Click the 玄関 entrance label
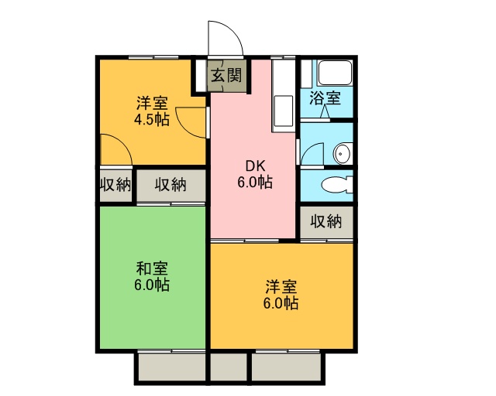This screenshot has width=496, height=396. click(x=226, y=76)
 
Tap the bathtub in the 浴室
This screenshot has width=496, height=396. click(x=335, y=73)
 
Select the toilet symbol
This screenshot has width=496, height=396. click(x=336, y=184)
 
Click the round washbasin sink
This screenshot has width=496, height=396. click(x=343, y=153)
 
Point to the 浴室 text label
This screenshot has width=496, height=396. click(x=325, y=98)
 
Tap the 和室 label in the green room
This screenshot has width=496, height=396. click(x=152, y=268)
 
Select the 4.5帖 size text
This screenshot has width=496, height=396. click(x=152, y=120)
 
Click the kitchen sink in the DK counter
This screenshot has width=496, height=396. click(x=283, y=111)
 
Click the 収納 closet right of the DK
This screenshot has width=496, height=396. click(x=326, y=222)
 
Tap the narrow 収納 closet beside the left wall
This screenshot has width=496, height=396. click(x=115, y=185)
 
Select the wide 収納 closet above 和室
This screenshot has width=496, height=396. click(x=170, y=185)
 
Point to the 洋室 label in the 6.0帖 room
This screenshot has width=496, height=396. click(x=281, y=287)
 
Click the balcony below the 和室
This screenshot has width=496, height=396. click(x=172, y=367)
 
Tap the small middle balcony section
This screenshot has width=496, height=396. click(x=229, y=367)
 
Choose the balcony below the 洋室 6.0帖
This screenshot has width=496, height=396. click(x=287, y=367)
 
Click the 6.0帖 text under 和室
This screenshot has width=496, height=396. click(x=152, y=285)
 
